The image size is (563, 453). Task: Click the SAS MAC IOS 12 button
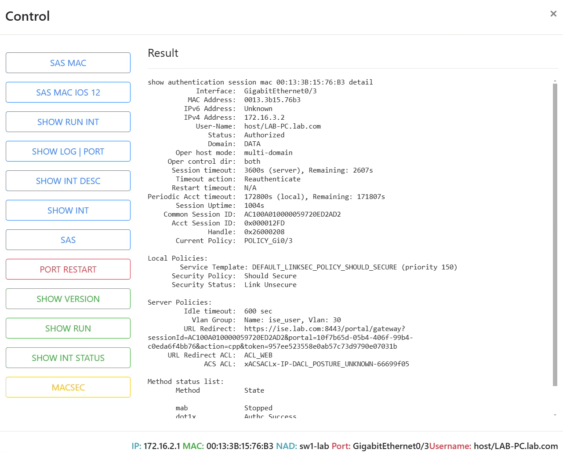(68, 92)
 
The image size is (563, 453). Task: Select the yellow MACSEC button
(68, 387)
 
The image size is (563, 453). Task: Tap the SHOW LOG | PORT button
(68, 151)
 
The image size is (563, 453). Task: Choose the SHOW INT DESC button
(68, 181)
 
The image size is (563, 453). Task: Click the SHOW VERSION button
(68, 299)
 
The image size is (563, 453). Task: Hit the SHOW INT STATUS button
(68, 358)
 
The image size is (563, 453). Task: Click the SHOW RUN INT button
(68, 122)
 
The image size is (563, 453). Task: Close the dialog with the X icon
(553, 14)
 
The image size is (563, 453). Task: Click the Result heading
(163, 53)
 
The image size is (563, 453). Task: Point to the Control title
(28, 16)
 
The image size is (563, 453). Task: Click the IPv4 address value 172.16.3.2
(264, 118)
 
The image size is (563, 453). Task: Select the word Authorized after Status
(264, 135)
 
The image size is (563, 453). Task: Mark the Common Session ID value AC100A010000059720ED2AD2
(293, 214)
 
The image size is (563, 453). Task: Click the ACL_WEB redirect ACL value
(258, 355)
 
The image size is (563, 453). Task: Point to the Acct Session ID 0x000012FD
(264, 223)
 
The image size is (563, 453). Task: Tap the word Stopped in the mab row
(258, 408)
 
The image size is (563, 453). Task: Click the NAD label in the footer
(287, 446)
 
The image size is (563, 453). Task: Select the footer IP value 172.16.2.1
(162, 446)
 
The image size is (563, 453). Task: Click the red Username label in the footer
(450, 446)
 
